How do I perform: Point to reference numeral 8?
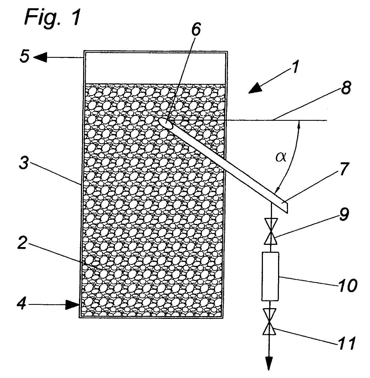345,87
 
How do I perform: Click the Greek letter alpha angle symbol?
281,157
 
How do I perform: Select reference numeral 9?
344,214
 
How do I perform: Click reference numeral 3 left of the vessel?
24,163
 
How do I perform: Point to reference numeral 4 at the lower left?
21,304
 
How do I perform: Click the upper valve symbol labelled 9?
271,231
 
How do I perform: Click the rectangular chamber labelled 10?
270,276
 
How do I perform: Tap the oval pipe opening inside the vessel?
166,123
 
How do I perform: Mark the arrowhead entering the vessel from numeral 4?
72,305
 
